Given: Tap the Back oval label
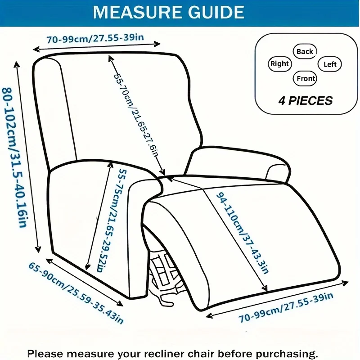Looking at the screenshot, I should (x=305, y=51).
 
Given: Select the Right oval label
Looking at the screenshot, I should (x=279, y=64).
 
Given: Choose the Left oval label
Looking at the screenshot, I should (x=330, y=64).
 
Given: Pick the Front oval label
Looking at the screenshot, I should (x=306, y=78).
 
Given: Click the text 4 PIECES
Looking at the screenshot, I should (x=306, y=100).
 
